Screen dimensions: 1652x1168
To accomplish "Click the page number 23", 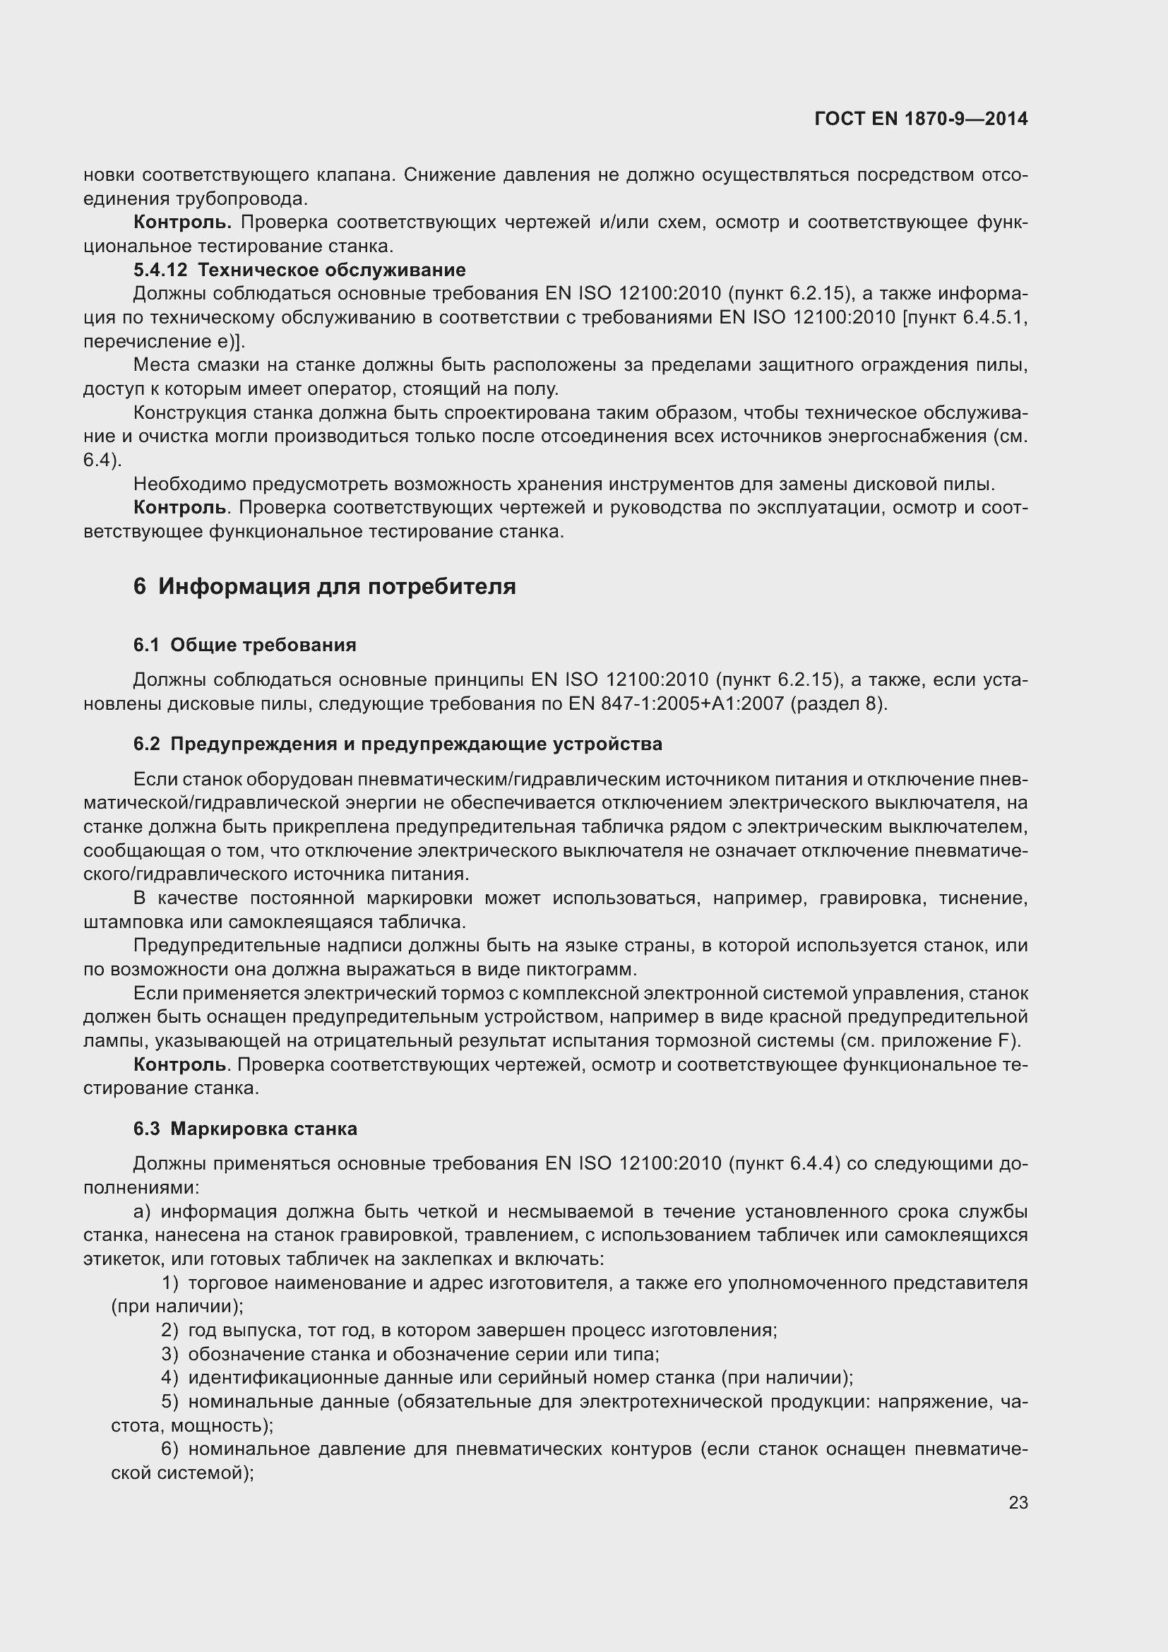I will (x=1018, y=1502).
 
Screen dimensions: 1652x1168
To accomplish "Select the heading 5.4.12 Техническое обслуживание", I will (x=299, y=270).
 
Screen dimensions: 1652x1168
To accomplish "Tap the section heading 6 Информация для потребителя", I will (x=324, y=586).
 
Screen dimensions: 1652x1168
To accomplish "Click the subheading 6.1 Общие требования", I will (x=244, y=645).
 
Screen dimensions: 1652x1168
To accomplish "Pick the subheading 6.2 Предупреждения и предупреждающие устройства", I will (x=397, y=744).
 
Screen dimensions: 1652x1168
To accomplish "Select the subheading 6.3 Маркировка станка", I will (x=244, y=1129).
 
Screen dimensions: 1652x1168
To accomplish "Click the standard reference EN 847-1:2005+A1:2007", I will (x=675, y=703).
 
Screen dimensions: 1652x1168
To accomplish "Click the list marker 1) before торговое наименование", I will (x=169, y=1283).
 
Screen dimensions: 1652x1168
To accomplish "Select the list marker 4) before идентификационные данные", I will (x=169, y=1378).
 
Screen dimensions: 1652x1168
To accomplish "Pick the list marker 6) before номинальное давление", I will (x=169, y=1449).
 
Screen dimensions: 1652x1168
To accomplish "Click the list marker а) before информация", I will (x=143, y=1212).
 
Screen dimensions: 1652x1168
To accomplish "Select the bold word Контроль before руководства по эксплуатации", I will (x=180, y=507).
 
